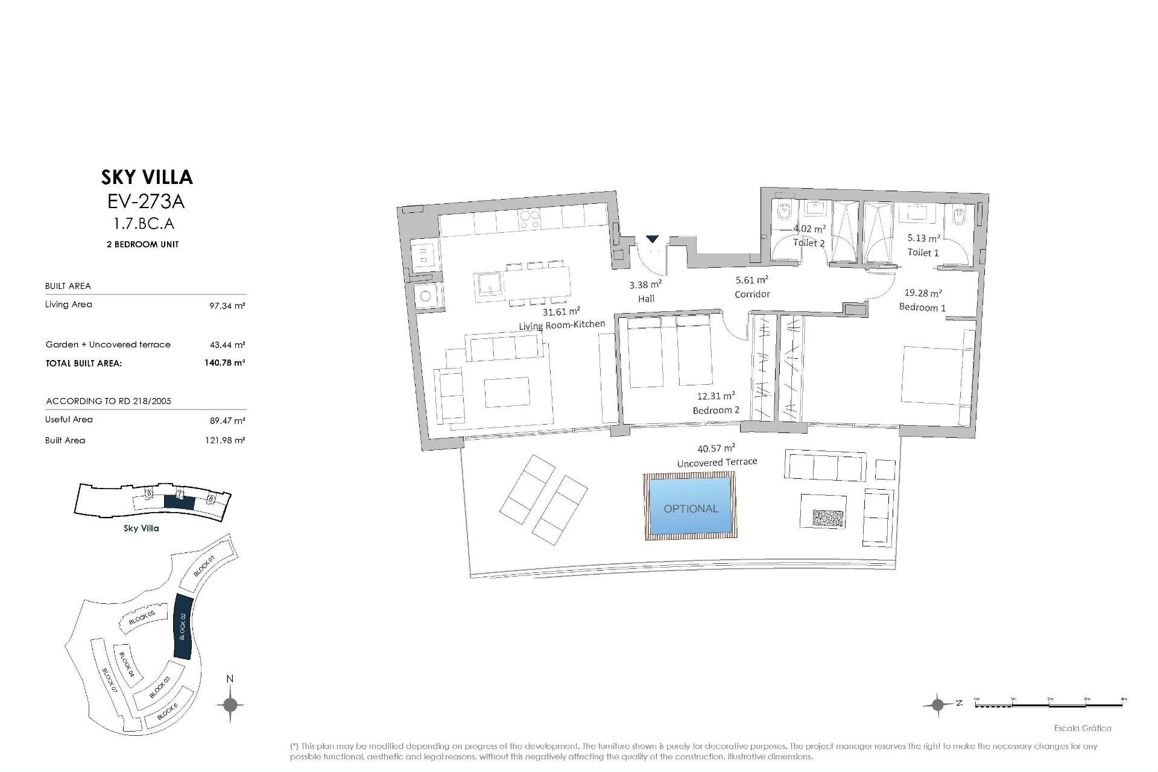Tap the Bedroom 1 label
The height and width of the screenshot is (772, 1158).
click(x=922, y=308)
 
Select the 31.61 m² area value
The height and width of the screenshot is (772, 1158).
click(x=561, y=312)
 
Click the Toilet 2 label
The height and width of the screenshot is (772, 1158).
click(x=808, y=243)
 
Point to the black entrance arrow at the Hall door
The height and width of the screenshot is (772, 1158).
click(x=653, y=239)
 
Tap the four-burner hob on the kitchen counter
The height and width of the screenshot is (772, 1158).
click(x=530, y=220)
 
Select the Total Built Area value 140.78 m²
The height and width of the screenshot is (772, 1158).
click(x=224, y=363)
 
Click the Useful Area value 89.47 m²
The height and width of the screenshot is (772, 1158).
click(x=227, y=420)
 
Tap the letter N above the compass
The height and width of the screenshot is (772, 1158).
click(x=230, y=679)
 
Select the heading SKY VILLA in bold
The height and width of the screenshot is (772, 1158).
click(x=147, y=177)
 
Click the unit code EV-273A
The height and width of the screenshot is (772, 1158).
click(x=146, y=201)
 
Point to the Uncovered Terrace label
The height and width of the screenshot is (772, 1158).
click(x=717, y=462)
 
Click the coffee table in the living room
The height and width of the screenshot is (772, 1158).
click(x=507, y=393)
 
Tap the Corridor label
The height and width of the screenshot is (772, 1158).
click(x=751, y=294)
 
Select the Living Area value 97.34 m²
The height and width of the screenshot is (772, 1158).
click(x=227, y=306)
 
